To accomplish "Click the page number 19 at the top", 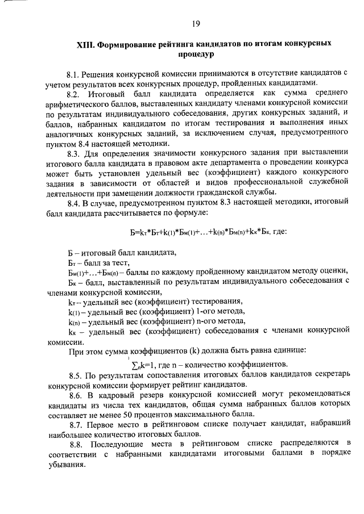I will pyautogui.click(x=196, y=23).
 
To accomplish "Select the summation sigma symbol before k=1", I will pyautogui.click(x=134, y=364).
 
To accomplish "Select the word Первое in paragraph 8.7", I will pyautogui.click(x=105, y=424).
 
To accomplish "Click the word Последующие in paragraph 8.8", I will pyautogui.click(x=119, y=444).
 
